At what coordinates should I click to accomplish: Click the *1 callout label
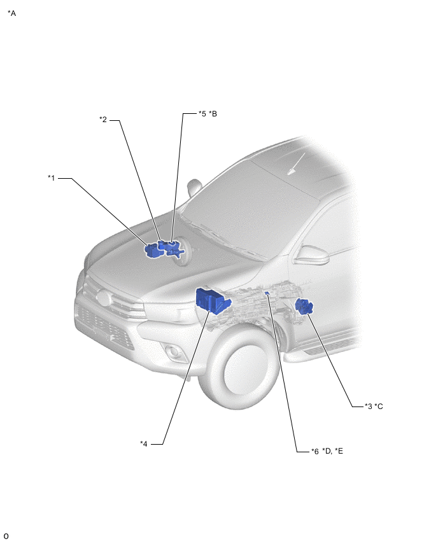[x=51, y=178]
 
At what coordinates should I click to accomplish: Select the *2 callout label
[x=103, y=120]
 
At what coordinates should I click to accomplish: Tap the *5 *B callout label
[x=208, y=114]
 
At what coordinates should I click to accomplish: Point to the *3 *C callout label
[x=374, y=406]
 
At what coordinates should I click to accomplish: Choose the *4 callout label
[x=144, y=444]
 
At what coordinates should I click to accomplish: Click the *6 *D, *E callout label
[x=327, y=451]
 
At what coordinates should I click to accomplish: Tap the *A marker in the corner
[x=11, y=13]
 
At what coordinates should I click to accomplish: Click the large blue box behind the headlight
[x=212, y=300]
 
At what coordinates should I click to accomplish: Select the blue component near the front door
[x=304, y=307]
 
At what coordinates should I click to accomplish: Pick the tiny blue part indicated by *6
[x=267, y=293]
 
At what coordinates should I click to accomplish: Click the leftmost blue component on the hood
[x=152, y=250]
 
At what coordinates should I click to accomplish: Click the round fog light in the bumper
[x=173, y=352]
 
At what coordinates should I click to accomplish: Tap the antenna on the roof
[x=296, y=163]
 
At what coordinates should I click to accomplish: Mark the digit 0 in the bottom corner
[x=6, y=536]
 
